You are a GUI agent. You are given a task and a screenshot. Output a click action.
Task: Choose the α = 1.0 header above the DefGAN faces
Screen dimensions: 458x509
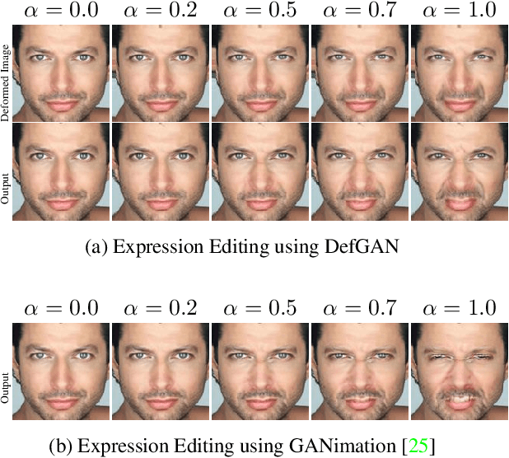tap(459, 12)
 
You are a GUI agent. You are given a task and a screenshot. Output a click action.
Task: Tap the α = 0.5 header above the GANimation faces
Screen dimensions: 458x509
tap(259, 309)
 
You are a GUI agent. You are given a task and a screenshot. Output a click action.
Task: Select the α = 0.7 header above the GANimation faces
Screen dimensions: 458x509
tap(359, 309)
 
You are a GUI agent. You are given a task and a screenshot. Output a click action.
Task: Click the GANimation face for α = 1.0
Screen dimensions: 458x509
tap(459, 370)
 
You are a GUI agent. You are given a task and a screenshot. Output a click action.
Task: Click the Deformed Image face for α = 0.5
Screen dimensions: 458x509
tap(259, 72)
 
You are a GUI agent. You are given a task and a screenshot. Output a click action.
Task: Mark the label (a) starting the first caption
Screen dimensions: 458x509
tap(96, 245)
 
